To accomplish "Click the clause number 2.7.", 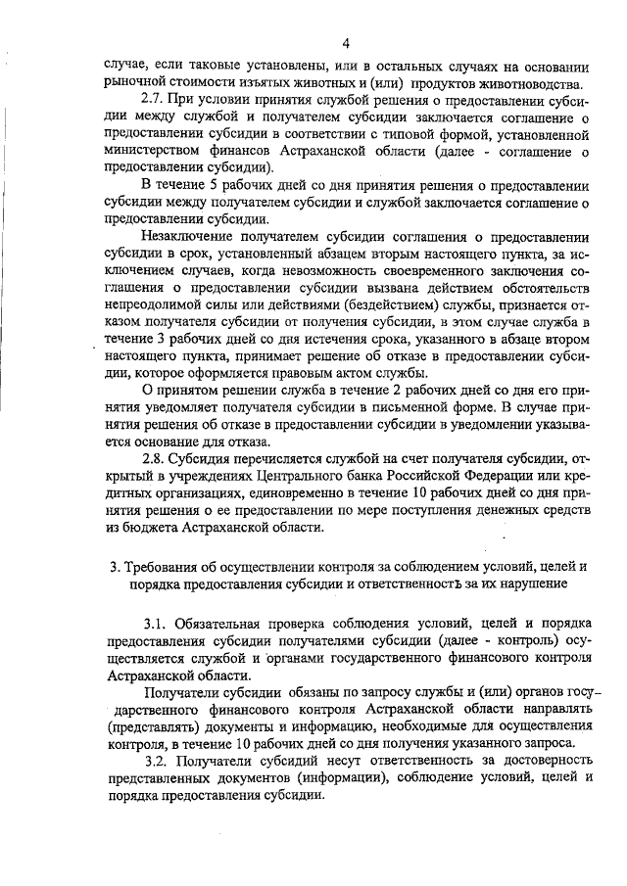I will pyautogui.click(x=155, y=100).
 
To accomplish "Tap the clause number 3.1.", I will pyautogui.click(x=158, y=623).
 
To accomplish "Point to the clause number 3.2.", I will pyautogui.click(x=159, y=760).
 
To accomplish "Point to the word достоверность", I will pyautogui.click(x=538, y=760).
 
